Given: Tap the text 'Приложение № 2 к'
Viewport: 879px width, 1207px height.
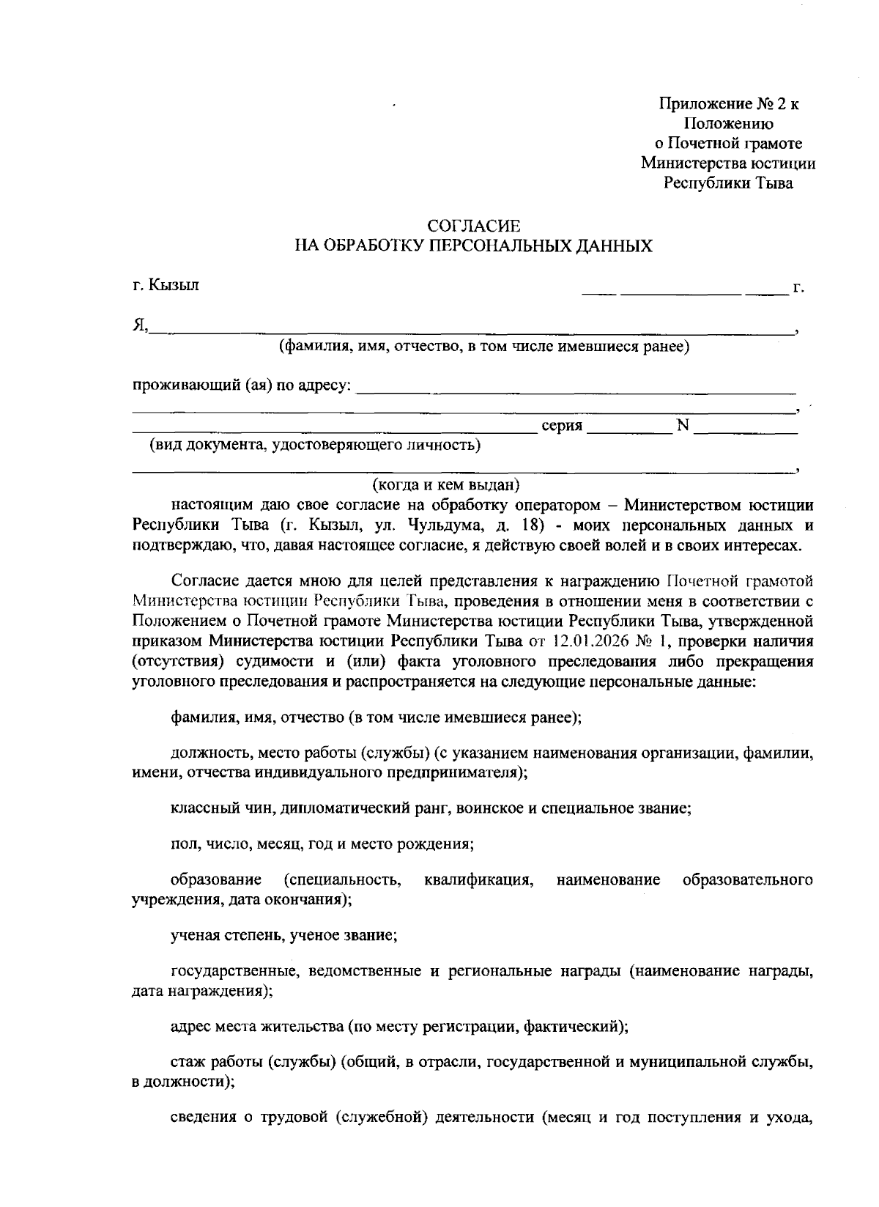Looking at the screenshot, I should pos(729,104).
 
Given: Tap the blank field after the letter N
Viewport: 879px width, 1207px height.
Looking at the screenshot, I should pos(746,427).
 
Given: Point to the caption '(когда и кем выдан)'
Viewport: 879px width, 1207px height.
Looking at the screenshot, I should pos(446,485).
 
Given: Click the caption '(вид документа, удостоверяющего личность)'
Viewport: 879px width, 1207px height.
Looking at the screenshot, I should pos(315,445).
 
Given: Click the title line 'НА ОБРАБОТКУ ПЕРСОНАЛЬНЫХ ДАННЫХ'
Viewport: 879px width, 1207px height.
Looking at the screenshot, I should pos(473,246).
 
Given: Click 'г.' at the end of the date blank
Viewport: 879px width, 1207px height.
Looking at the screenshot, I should pos(798,287).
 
